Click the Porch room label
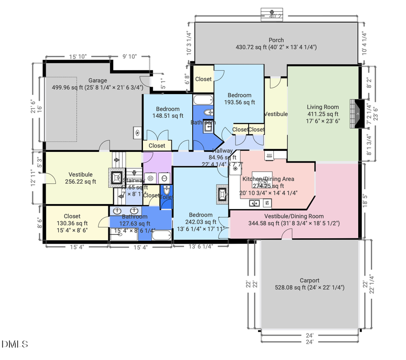tap(276, 40)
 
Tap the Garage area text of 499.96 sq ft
tap(97, 87)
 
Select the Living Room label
tap(323, 107)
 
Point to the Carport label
tap(309, 280)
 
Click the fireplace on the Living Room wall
tap(357, 114)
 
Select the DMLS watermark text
tap(15, 345)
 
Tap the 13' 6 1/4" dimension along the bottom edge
tap(201, 247)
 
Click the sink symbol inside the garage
tap(138, 132)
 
